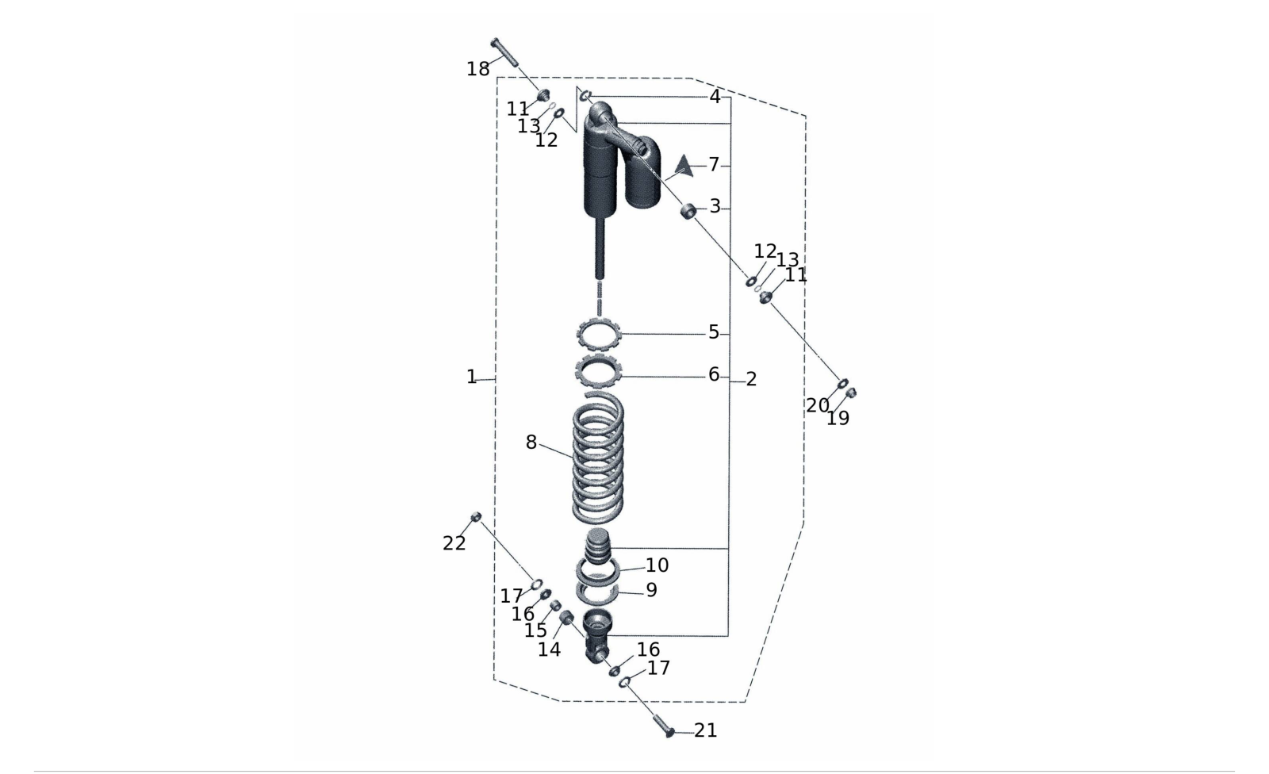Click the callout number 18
coord(477,69)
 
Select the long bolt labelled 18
coord(504,52)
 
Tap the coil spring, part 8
coord(598,457)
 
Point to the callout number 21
coord(705,730)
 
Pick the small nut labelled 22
coord(477,516)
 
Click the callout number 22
coord(454,543)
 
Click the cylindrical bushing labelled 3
coord(688,211)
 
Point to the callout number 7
coord(714,164)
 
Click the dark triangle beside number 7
coord(684,166)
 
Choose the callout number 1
coord(471,377)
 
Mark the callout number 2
coord(751,379)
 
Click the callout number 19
coord(838,419)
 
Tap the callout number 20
coord(818,406)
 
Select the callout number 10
coord(658,565)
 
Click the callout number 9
coord(651,590)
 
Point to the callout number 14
coord(549,650)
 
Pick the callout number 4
coord(715,97)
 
